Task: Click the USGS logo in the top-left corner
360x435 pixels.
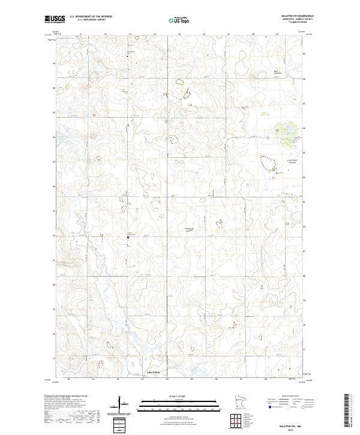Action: tap(56, 19)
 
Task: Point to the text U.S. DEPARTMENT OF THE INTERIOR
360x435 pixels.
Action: tap(91, 17)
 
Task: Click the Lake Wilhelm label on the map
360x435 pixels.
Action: tap(152, 373)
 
